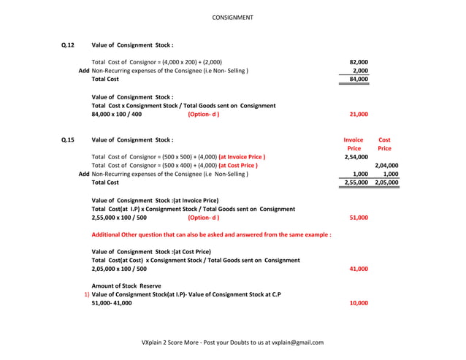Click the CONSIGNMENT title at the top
(232, 17)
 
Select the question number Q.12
(68, 45)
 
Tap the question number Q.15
(68, 139)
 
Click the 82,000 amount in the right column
(359, 62)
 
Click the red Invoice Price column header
(354, 144)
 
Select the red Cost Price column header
(384, 144)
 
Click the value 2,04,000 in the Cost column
(386, 166)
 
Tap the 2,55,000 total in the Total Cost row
(356, 183)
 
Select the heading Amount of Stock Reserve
(126, 286)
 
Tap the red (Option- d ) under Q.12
(203, 115)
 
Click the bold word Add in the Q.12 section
(84, 71)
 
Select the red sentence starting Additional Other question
(211, 235)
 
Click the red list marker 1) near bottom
(87, 294)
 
